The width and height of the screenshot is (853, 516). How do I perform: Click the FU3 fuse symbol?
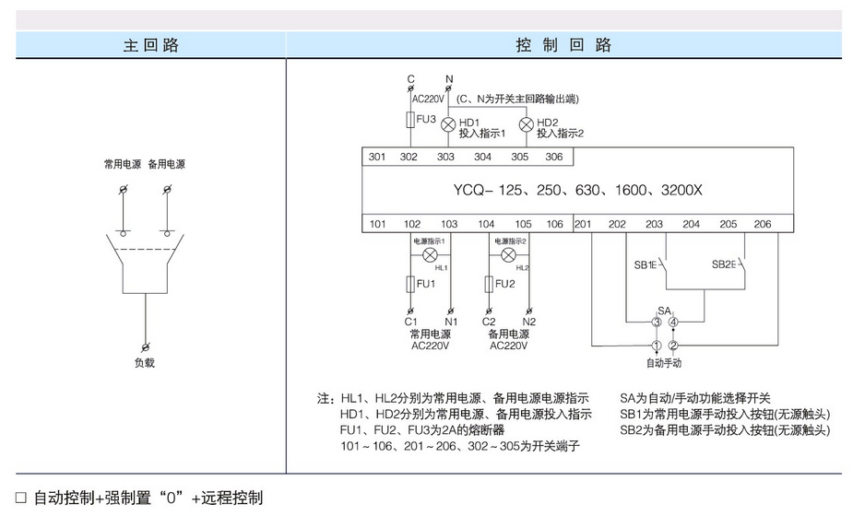click(x=411, y=119)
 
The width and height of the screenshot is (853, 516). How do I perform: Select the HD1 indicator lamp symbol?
click(x=449, y=124)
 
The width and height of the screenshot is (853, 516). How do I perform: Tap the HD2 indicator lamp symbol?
click(x=527, y=124)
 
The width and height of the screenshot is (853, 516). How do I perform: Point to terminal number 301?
click(x=377, y=158)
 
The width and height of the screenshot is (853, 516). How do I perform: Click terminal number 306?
click(x=553, y=158)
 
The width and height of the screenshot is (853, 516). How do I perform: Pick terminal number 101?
click(x=377, y=224)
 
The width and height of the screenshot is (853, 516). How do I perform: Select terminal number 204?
click(x=691, y=224)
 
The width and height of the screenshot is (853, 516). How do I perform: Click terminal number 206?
click(x=762, y=224)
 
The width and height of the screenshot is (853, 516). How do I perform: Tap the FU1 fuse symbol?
click(x=411, y=284)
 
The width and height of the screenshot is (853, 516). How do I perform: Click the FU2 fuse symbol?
click(x=489, y=284)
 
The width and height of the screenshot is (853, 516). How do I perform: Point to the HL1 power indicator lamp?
click(x=429, y=254)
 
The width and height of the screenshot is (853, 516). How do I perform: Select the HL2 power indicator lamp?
click(x=507, y=254)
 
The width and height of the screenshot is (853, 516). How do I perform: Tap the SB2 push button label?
click(x=723, y=264)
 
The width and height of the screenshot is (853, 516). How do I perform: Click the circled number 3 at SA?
click(x=657, y=322)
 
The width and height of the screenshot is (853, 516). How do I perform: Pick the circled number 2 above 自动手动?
click(x=674, y=346)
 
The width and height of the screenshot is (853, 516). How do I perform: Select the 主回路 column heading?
click(x=150, y=45)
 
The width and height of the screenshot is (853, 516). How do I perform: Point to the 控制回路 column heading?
click(x=564, y=45)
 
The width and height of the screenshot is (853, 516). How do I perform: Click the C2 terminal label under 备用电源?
click(x=489, y=322)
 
